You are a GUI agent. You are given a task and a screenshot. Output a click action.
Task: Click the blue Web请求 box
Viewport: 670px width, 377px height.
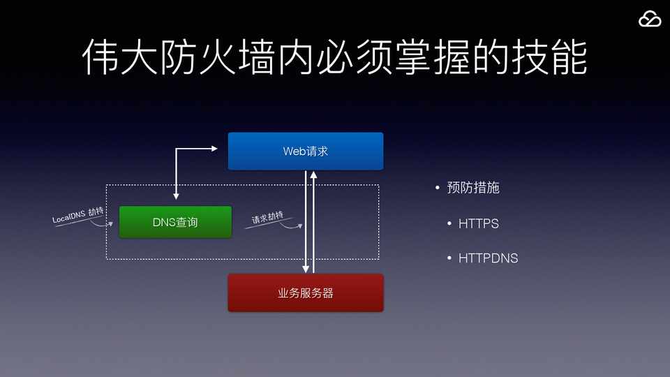(x=306, y=151)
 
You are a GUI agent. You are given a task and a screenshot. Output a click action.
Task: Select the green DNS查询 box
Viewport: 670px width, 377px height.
(x=175, y=222)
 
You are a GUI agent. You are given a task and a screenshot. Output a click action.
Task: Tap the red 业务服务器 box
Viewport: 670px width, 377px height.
(x=306, y=293)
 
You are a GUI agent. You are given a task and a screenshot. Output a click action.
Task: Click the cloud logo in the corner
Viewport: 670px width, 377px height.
(x=650, y=20)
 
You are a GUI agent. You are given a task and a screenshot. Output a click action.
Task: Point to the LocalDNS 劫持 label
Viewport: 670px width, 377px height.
(x=78, y=216)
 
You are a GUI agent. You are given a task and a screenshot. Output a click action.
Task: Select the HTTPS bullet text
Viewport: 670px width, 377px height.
(x=478, y=224)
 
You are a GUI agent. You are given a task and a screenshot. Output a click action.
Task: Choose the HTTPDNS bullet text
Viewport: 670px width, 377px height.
(x=488, y=258)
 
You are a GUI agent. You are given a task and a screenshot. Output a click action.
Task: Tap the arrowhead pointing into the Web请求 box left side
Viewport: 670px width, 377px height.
(x=216, y=148)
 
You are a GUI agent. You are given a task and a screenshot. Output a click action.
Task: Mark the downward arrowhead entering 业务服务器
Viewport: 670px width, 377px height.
(x=306, y=268)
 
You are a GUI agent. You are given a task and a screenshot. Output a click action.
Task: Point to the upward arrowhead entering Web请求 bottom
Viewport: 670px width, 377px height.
(x=314, y=175)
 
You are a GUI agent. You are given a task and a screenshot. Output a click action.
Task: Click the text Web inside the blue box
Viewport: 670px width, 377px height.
(x=294, y=151)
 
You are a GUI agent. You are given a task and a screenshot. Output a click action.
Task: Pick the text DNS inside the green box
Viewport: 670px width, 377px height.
(x=165, y=222)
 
